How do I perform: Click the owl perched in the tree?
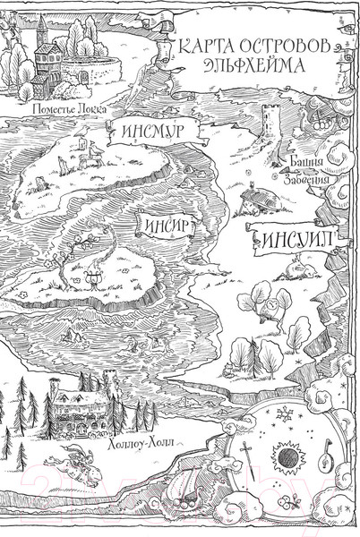point(266,311)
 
